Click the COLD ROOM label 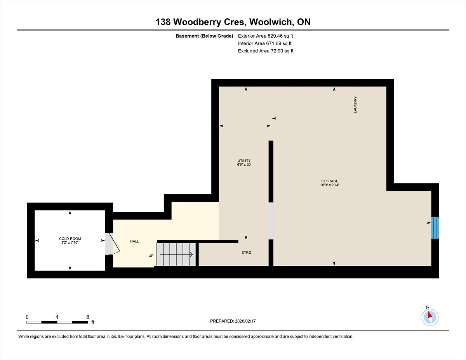point(70,239)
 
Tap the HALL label point(134,241)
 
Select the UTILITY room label point(244,161)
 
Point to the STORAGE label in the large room point(330,181)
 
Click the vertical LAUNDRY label point(355,105)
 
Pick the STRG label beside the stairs point(246,253)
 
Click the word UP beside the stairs point(151,256)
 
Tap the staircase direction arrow point(176,254)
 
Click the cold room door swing point(114,244)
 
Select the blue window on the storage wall point(435,228)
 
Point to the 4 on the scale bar point(57,317)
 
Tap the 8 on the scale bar point(87,317)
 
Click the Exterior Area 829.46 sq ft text point(265,36)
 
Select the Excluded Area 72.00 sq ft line point(266,51)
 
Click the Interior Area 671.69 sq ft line point(264,43)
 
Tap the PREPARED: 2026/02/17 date point(233,321)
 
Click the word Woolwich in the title point(271,22)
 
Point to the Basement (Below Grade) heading point(204,36)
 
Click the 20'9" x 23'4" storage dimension point(330,185)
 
